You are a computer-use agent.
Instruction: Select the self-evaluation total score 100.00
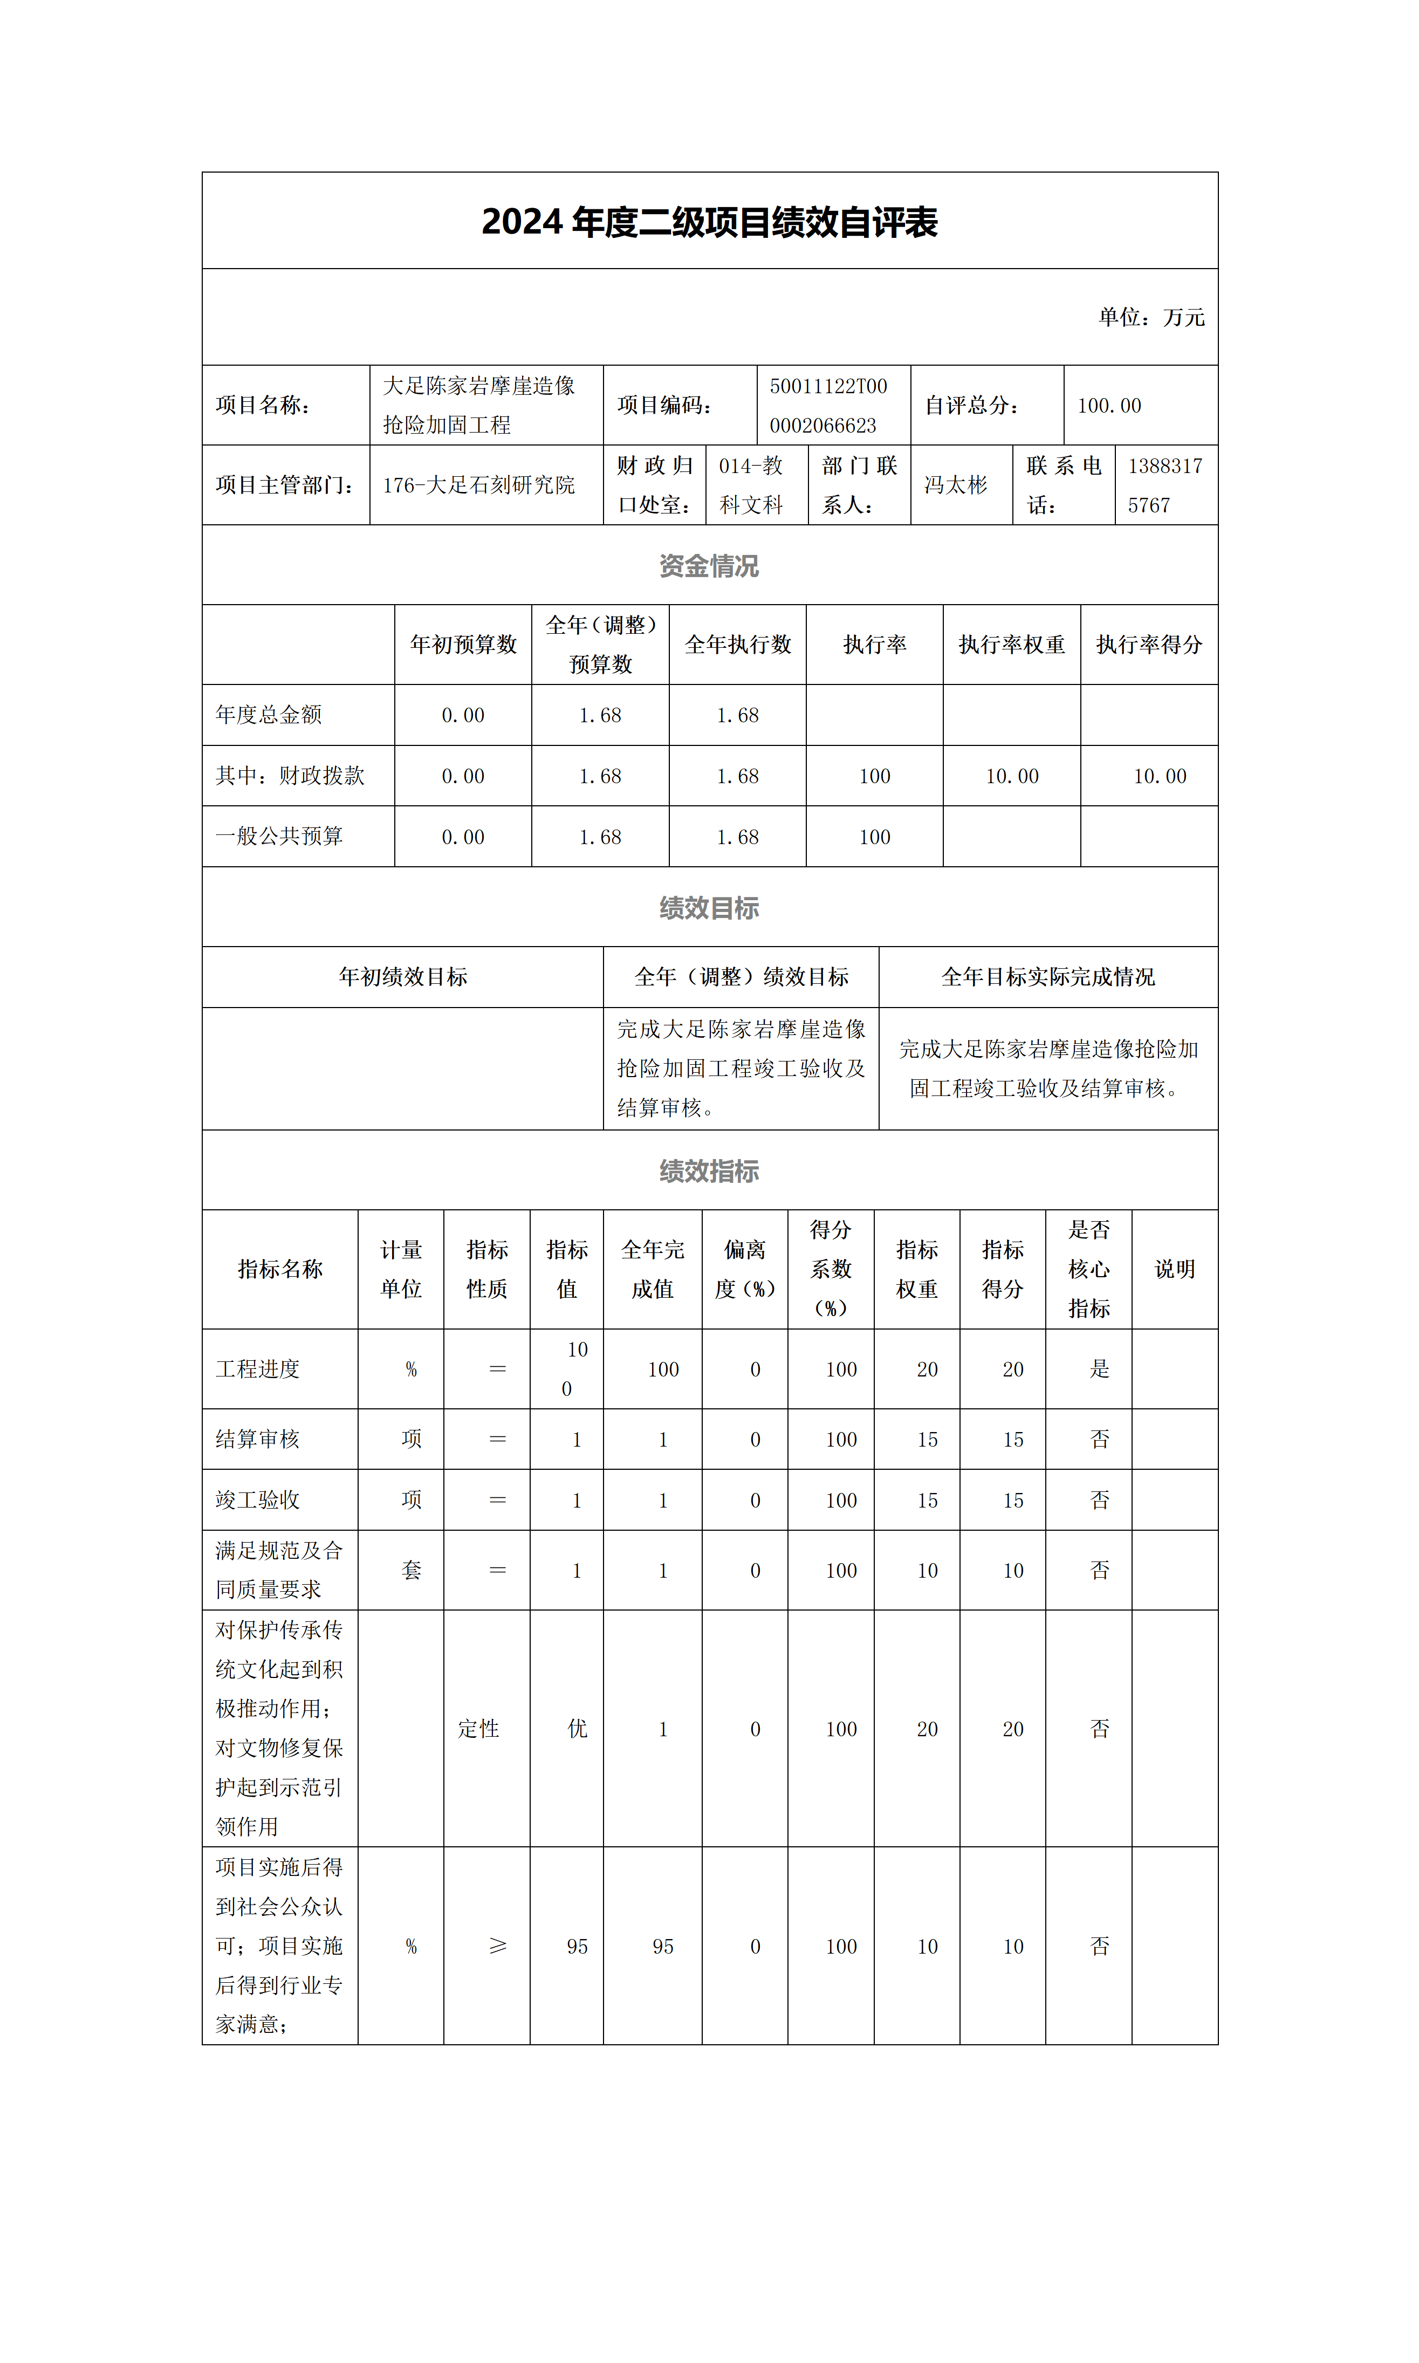[1109, 406]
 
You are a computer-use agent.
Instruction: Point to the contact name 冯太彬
[955, 485]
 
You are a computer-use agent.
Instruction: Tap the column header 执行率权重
[1012, 645]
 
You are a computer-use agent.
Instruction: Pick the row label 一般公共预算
[279, 837]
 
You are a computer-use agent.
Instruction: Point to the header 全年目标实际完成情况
[1048, 976]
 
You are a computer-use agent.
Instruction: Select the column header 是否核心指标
[1088, 1269]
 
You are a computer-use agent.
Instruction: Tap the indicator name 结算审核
[258, 1439]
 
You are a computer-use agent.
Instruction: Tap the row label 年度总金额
[269, 714]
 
